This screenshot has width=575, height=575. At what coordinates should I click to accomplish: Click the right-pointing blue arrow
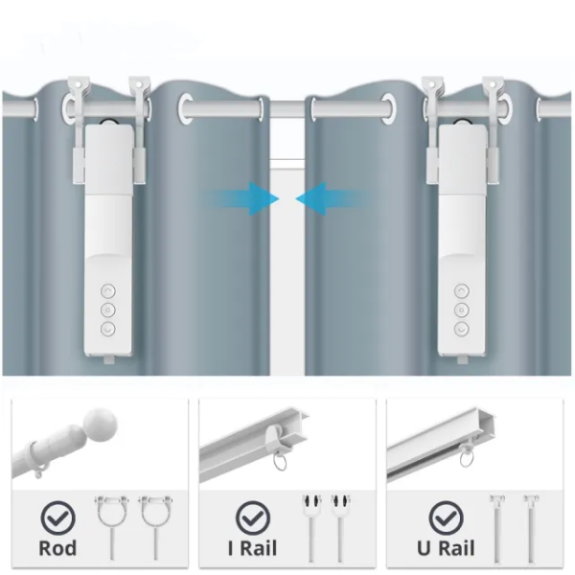pos(243,198)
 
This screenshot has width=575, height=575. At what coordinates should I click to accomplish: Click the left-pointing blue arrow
pos(332,198)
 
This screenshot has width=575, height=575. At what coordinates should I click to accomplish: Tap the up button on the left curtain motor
pos(107,291)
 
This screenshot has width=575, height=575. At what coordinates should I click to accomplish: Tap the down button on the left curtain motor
pos(107,329)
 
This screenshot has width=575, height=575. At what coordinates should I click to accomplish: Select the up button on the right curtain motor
pos(461,291)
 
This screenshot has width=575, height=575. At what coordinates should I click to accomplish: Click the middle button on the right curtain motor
pos(461,310)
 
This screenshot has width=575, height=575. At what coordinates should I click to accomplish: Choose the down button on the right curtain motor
pos(461,329)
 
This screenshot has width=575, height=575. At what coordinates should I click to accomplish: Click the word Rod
pos(57,548)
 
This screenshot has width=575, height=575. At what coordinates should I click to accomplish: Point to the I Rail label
pos(252,548)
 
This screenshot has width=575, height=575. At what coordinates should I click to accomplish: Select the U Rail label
pos(446,548)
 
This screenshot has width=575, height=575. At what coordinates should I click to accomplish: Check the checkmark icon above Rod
pos(57,517)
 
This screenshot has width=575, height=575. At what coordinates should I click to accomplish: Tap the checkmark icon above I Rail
pos(253,517)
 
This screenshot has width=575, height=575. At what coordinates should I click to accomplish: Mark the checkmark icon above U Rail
pos(446,517)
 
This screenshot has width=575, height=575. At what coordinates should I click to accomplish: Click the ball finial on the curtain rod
pos(100,423)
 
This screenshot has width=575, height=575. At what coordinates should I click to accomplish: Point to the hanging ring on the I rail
pos(280,462)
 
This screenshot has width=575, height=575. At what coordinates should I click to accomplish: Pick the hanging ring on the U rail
pos(467,458)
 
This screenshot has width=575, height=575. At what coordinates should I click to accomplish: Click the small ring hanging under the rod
pos(41,471)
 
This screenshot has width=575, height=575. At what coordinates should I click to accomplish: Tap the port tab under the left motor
pos(109,359)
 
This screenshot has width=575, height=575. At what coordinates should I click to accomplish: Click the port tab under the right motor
pos(463,359)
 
